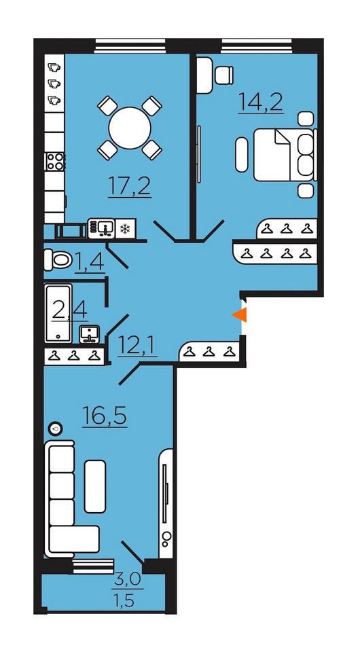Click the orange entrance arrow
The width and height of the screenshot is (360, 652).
pyautogui.click(x=240, y=315)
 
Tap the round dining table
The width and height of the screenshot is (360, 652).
pyautogui.click(x=130, y=128)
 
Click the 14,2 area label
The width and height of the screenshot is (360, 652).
pyautogui.click(x=261, y=103)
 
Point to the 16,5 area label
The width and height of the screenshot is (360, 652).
pyautogui.click(x=105, y=416)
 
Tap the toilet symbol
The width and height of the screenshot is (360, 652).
pyautogui.click(x=57, y=259)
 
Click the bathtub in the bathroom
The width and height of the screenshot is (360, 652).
pyautogui.click(x=58, y=313)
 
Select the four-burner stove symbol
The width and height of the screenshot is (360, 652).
pyautogui.click(x=55, y=160)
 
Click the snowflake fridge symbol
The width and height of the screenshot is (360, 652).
pyautogui.click(x=125, y=229)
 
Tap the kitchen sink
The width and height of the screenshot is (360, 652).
pyautogui.click(x=101, y=229)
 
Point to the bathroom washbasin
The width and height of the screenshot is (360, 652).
pyautogui.click(x=90, y=334)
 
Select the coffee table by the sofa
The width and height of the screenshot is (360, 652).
pyautogui.click(x=95, y=486)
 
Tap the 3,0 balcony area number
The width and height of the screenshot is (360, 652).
pyautogui.click(x=127, y=579)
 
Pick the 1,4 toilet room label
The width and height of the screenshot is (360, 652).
pyautogui.click(x=90, y=262)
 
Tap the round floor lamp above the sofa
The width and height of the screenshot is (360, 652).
pyautogui.click(x=55, y=428)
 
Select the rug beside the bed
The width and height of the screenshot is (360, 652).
pyautogui.click(x=242, y=155)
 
